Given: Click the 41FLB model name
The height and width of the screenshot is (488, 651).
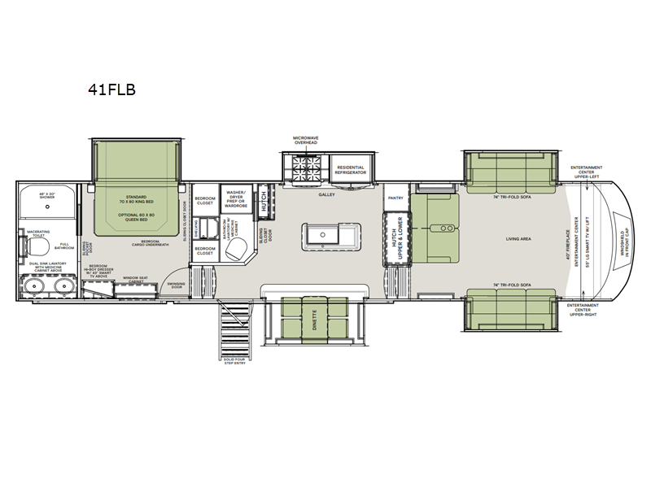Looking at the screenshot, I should point(112,90).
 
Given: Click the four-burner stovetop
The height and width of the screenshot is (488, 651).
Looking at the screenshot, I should point(306,167).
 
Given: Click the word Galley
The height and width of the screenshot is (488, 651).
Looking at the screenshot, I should point(328,195).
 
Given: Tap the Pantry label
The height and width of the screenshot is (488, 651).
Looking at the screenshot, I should point(396,197).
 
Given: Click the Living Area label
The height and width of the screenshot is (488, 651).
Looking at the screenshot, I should point(518,238).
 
